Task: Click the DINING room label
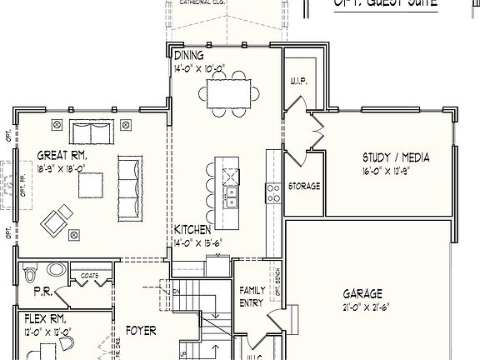(x=189, y=55)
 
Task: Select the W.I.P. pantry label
(x=299, y=82)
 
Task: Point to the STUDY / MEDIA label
(x=395, y=157)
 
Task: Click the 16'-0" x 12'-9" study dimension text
(x=396, y=171)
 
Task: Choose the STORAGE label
(x=303, y=186)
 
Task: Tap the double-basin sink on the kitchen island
(x=231, y=197)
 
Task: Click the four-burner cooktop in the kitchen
(x=272, y=193)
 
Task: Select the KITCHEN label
(x=192, y=228)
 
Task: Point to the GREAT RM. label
(x=62, y=154)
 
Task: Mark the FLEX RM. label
(x=41, y=319)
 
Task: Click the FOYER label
(x=141, y=331)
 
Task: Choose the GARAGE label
(x=362, y=293)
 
